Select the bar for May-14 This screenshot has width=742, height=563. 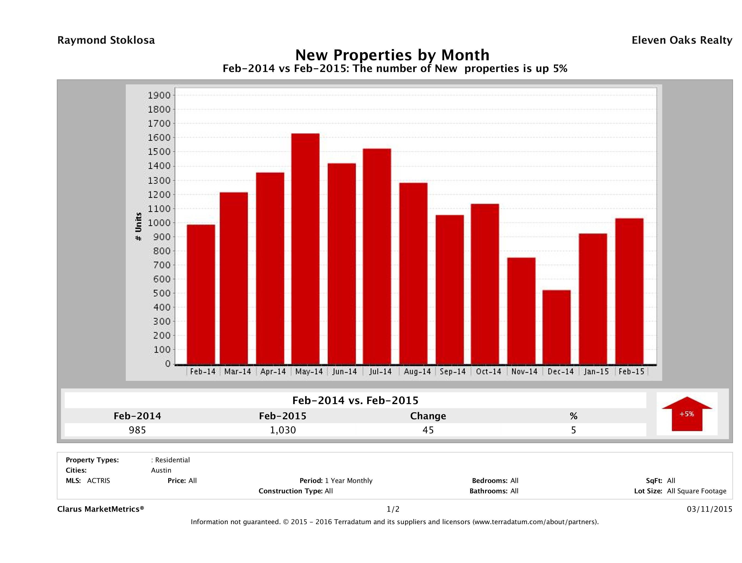click(305, 248)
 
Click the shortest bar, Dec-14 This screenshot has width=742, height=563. click(556, 327)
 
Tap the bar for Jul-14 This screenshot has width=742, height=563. click(377, 257)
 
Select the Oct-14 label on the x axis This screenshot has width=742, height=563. click(488, 372)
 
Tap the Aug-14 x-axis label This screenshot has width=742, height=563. click(417, 372)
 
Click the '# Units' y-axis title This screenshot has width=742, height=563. click(138, 227)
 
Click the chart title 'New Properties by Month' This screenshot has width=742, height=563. click(392, 55)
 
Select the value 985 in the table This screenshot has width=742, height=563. click(137, 430)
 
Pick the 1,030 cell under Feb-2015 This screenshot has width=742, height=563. click(283, 430)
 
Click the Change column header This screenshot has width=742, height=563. click(428, 416)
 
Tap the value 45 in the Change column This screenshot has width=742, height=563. click(428, 430)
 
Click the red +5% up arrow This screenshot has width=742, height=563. click(687, 414)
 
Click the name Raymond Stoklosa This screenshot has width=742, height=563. click(106, 40)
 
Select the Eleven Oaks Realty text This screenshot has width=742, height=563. click(682, 40)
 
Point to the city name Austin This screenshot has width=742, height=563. click(161, 470)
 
